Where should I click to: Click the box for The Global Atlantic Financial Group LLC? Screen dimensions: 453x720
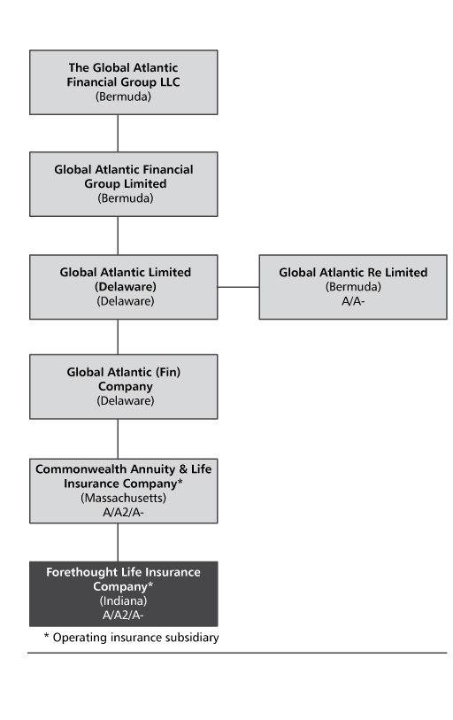click(124, 82)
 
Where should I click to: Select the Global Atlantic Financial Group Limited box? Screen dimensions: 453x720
click(124, 184)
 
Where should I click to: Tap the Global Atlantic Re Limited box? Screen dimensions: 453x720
click(353, 287)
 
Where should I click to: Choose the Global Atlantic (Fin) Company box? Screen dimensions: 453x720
click(124, 387)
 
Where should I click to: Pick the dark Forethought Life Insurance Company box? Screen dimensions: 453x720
click(124, 593)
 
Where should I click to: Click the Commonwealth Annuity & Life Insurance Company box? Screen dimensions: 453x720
click(124, 491)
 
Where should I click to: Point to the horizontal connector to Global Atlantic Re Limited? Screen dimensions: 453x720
click(238, 287)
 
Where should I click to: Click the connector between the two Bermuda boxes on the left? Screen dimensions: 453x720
click(118, 134)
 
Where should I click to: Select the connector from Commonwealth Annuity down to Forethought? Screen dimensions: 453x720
click(118, 542)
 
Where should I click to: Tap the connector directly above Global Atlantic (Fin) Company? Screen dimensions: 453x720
click(118, 337)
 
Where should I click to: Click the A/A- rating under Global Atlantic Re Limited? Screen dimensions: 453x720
click(353, 301)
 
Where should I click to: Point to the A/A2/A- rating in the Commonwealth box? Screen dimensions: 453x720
click(123, 513)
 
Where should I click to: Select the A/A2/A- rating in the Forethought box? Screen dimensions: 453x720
click(123, 615)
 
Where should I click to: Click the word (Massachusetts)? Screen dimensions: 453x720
click(124, 499)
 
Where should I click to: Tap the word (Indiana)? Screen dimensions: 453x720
click(124, 601)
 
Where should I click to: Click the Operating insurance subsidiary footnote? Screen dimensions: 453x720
click(131, 638)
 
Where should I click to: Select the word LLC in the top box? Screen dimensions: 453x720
click(170, 82)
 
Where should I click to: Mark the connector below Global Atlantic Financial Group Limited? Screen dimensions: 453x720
click(118, 236)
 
